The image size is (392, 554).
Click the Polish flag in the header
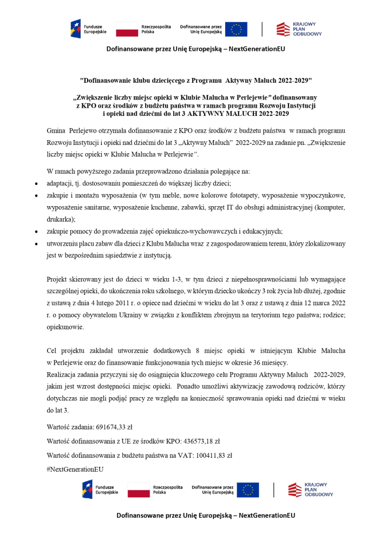[x=127, y=29]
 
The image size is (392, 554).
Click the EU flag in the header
[x=236, y=29]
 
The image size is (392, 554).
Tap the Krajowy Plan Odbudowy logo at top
[x=299, y=29]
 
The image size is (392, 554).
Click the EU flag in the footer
[x=248, y=490]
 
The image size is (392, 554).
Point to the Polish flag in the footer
[x=139, y=490]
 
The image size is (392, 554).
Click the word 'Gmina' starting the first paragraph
[x=55, y=131]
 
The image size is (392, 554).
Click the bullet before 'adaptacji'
[x=36, y=184]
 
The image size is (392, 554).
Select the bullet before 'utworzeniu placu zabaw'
[x=36, y=244]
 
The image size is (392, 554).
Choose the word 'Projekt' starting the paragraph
[x=58, y=279]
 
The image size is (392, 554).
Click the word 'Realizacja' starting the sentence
[x=63, y=374]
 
